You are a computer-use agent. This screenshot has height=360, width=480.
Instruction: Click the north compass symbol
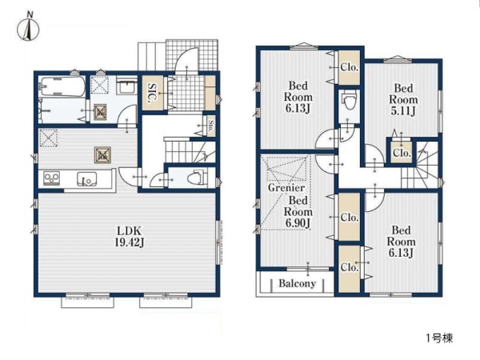[x=28, y=27]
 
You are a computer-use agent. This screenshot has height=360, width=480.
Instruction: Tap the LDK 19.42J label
[x=129, y=236]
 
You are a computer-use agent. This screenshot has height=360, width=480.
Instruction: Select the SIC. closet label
[x=152, y=93]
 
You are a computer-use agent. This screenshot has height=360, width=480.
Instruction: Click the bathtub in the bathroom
[x=62, y=86]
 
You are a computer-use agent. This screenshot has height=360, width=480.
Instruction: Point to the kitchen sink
[x=86, y=178]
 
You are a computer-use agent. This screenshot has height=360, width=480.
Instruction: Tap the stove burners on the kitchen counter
[x=51, y=178]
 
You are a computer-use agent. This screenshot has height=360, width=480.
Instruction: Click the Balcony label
[x=297, y=283]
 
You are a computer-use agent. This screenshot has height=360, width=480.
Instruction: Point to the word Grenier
[x=286, y=187]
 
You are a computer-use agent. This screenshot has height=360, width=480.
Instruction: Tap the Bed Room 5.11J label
[x=403, y=99]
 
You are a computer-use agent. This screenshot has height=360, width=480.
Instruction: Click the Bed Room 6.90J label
[x=298, y=212]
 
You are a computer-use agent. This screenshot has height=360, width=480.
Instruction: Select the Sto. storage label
[x=210, y=126]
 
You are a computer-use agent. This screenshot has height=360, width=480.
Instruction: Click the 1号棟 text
[x=439, y=338]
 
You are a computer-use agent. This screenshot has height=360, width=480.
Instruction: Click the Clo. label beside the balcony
[x=350, y=267]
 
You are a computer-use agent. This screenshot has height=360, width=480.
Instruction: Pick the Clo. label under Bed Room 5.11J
[x=402, y=153]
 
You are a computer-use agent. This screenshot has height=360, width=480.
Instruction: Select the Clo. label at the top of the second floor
[x=350, y=67]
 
